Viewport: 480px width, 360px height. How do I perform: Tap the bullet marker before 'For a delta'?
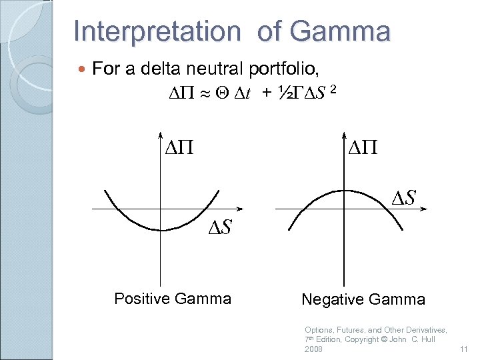point(82,69)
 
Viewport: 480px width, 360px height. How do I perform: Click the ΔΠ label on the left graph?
point(179,146)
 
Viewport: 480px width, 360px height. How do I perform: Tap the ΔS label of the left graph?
point(219,228)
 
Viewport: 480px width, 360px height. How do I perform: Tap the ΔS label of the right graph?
point(403,198)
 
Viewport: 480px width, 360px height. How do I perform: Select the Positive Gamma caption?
point(173,298)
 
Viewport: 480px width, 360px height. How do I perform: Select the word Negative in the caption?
point(331,299)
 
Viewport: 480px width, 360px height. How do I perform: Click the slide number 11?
point(464,349)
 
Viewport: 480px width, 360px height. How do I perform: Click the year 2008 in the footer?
point(314,349)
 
